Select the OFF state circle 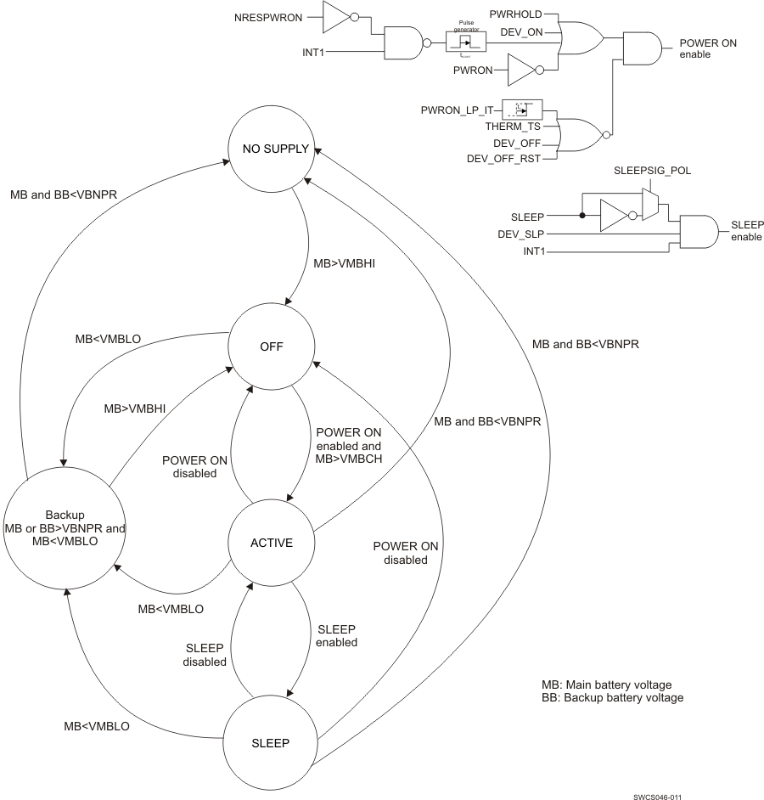272,347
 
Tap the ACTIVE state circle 272,543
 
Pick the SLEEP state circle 271,741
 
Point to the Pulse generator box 465,40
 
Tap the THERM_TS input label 513,127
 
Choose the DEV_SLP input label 521,232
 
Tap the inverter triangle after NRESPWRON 335,14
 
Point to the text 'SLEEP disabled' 205,655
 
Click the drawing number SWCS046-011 657,797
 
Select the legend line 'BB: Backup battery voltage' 612,697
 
